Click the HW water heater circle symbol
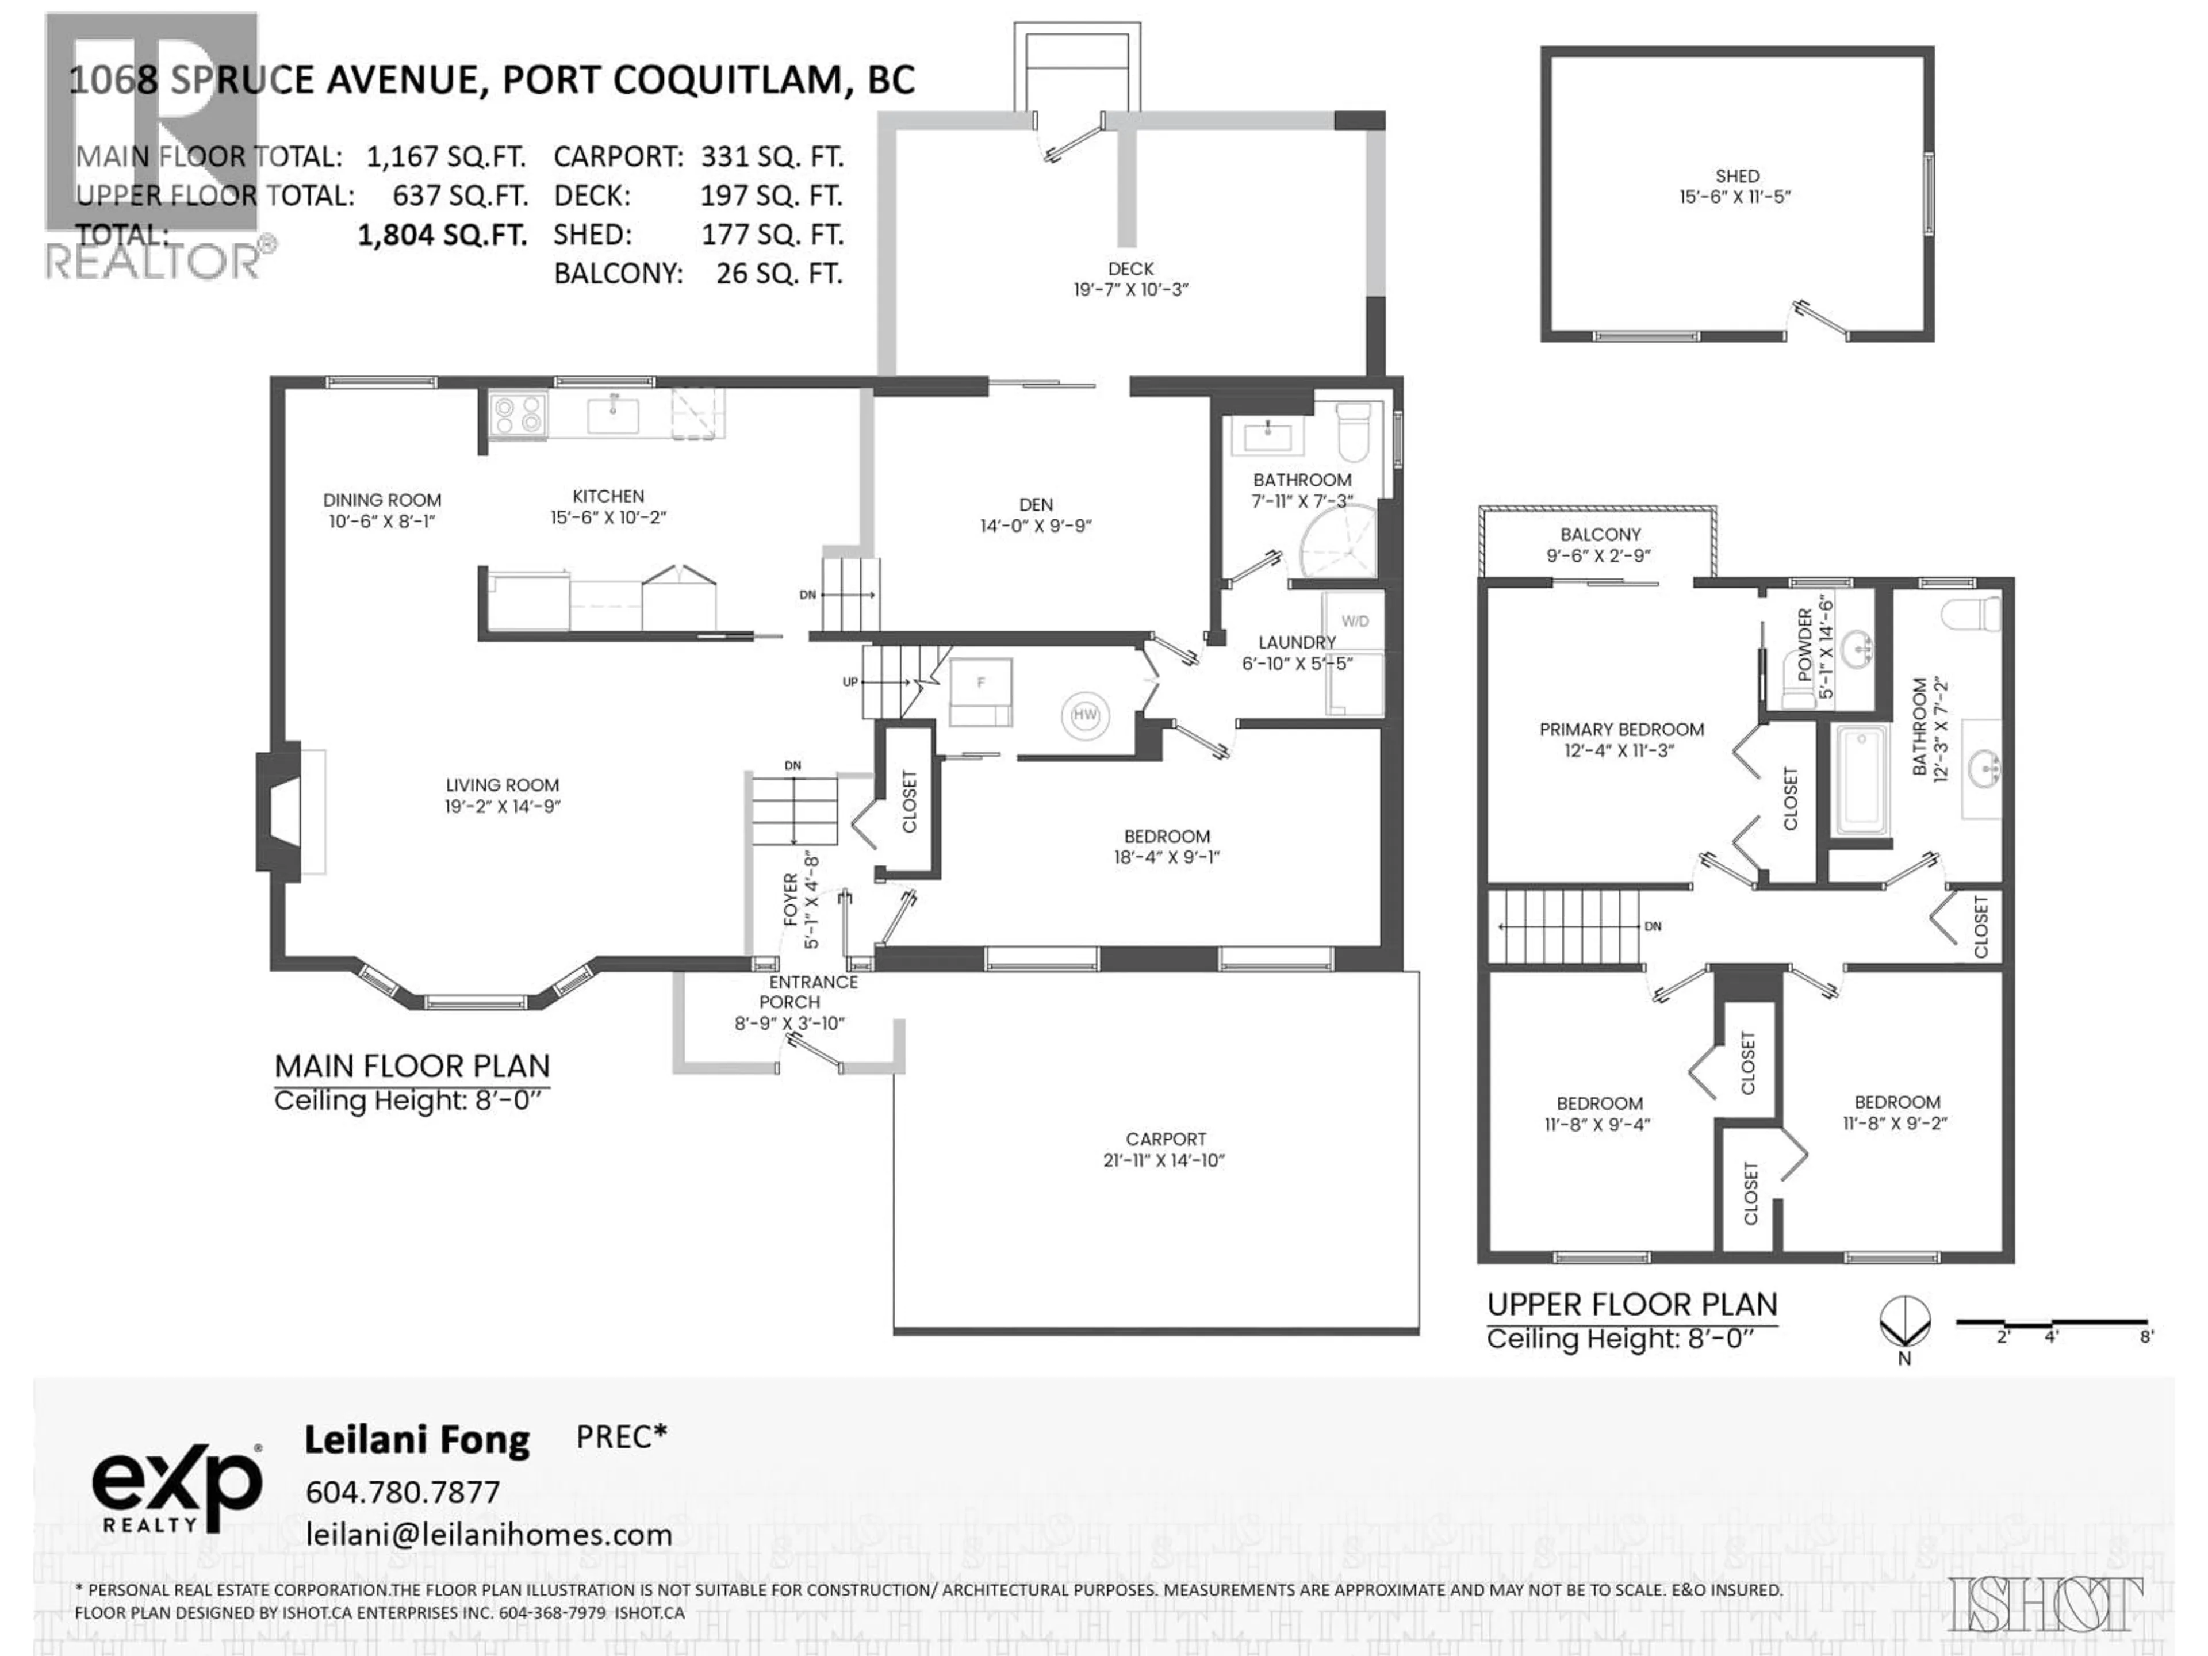(x=1085, y=715)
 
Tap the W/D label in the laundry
(x=1355, y=621)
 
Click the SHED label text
(x=1737, y=176)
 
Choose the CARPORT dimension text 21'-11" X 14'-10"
(x=1164, y=1160)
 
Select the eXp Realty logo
(x=177, y=1488)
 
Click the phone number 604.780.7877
(x=402, y=1492)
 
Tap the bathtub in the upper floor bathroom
(x=1860, y=780)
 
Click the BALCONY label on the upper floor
(x=1600, y=534)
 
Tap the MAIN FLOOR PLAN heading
(x=412, y=1066)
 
